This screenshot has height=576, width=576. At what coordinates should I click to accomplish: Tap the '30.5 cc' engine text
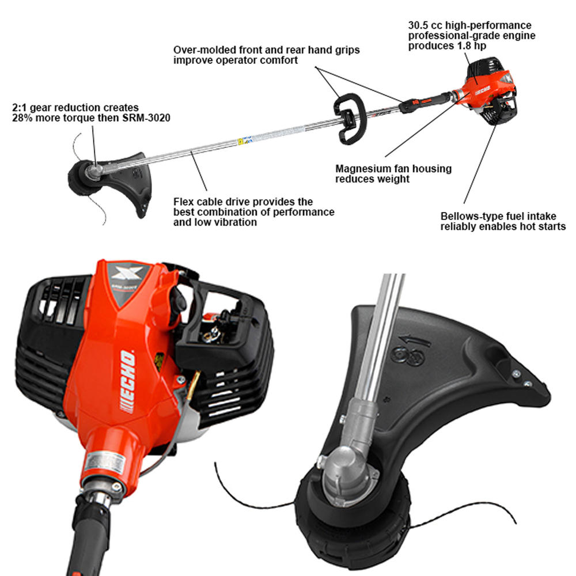(x=428, y=26)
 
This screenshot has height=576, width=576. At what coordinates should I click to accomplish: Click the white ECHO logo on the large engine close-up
(x=128, y=381)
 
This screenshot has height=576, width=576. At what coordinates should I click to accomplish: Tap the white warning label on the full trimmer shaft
(x=245, y=140)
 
